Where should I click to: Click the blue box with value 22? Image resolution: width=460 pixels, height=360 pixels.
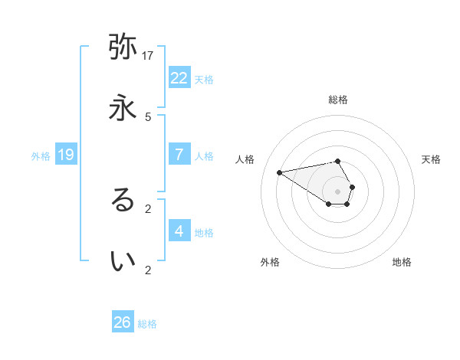pos(179,77)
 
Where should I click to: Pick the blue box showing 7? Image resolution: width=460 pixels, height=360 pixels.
pos(179,155)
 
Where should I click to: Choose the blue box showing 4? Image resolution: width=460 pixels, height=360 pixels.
pos(179,231)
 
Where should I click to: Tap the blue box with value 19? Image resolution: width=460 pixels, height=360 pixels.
pos(65,155)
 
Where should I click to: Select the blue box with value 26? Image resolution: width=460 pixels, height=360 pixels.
pos(122,322)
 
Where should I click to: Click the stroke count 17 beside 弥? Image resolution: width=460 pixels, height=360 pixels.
pos(148,55)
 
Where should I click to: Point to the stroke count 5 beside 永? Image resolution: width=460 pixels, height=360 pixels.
pos(148,116)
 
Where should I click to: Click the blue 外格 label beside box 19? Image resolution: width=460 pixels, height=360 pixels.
pos(41,155)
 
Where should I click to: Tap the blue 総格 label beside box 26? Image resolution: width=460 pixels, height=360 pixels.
pos(147,323)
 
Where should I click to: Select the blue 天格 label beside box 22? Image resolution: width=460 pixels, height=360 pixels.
pos(204,78)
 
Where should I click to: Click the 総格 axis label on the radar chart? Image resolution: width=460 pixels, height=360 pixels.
pos(337,100)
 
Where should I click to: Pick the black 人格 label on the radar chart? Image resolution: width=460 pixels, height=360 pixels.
pos(245,159)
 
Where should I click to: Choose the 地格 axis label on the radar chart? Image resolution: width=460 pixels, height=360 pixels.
pos(402,262)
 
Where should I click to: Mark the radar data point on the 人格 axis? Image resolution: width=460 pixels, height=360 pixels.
pos(280,172)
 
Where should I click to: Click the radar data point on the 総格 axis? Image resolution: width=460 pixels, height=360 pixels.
pos(337,161)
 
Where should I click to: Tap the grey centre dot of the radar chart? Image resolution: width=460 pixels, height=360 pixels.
pos(337,191)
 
